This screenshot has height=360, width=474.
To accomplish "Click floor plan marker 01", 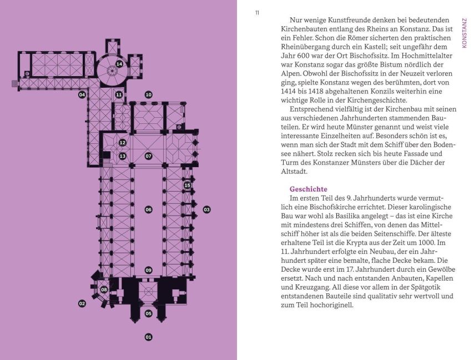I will coord(148,337).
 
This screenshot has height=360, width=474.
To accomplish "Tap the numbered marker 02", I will coord(82,303).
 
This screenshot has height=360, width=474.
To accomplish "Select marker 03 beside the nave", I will coord(206,209).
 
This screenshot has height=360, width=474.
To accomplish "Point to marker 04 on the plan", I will coord(82,94).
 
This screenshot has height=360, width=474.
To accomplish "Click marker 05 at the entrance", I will coord(148,313).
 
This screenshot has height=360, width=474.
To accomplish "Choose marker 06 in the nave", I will coord(148,209).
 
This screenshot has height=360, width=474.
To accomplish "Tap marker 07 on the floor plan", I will coord(148,156).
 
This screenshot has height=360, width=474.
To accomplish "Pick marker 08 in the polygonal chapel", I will coord(104,289).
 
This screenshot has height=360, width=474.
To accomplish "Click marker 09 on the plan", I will coord(148,270).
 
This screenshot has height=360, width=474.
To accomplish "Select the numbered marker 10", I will coord(148,94).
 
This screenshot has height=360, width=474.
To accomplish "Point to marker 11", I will coord(119,94).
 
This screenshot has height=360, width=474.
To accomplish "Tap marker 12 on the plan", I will coord(122,143).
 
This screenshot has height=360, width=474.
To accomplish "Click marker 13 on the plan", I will coord(122,156).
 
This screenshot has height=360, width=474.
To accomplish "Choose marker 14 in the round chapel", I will coord(119,64).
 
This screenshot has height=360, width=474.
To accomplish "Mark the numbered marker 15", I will coord(187,186).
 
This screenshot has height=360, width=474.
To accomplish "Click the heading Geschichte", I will coord(308,189).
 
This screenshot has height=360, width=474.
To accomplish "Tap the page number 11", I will coord(257,13).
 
